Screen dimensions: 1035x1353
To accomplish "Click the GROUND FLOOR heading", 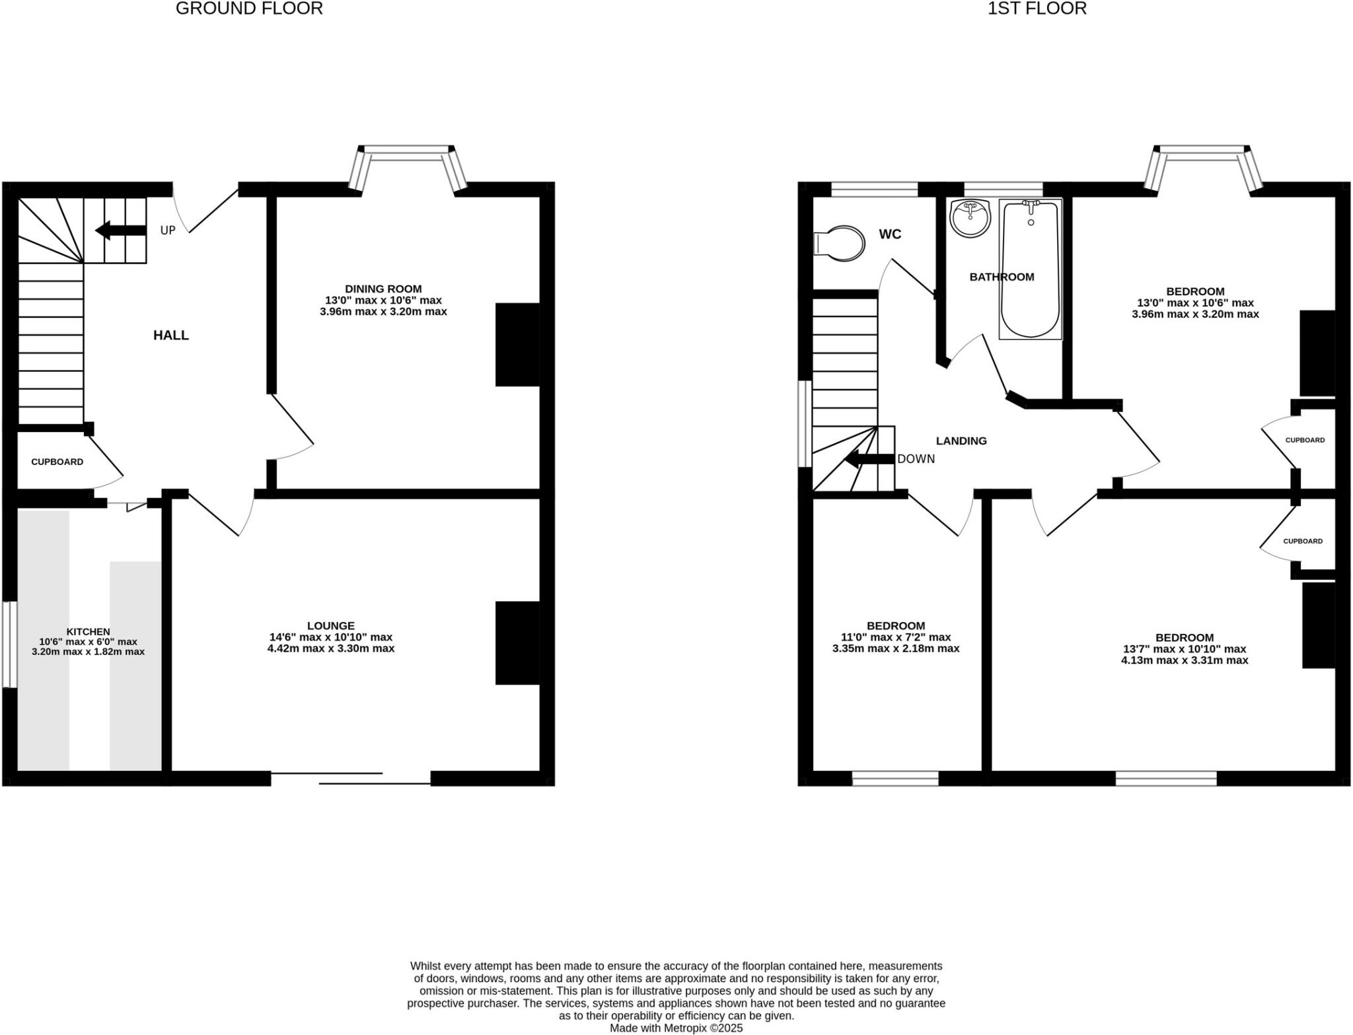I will [x=249, y=9].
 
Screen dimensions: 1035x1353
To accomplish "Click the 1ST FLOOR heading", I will [x=1037, y=9].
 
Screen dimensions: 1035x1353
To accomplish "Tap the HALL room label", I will [x=171, y=336].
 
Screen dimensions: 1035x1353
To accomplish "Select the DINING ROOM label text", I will [x=383, y=289].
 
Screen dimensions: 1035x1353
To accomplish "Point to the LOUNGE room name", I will [x=330, y=625].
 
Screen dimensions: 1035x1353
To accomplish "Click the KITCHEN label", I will [x=88, y=632].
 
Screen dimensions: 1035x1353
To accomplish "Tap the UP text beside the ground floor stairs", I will [x=168, y=231].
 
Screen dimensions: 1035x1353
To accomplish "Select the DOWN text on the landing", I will [x=916, y=459].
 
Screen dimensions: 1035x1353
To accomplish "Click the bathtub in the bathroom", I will [x=1030, y=270].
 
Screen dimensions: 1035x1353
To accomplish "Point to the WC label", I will [x=890, y=234].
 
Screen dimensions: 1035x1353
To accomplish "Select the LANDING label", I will [x=961, y=441].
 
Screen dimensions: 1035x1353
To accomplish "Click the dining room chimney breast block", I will [x=517, y=344].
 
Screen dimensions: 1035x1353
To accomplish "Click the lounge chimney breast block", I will [x=517, y=643].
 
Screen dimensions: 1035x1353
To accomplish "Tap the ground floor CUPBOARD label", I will [x=57, y=462].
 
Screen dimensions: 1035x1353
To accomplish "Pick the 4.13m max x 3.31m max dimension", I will [x=1185, y=660].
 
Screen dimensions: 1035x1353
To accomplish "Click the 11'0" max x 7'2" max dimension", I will [x=896, y=637].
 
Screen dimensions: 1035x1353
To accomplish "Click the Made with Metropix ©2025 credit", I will [x=676, y=1028].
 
